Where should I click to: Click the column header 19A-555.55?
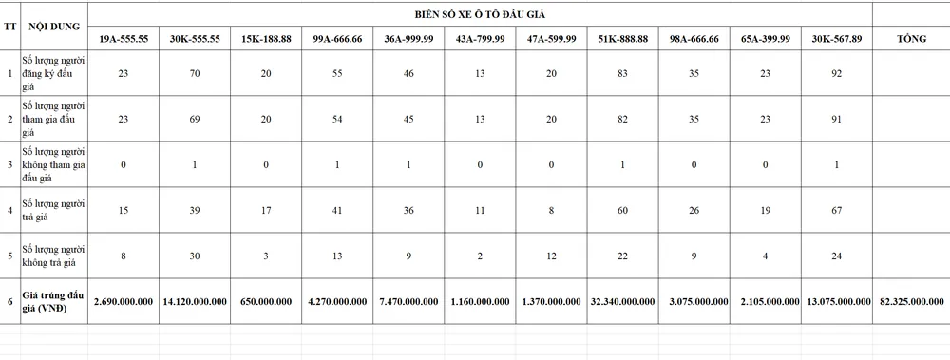(124, 38)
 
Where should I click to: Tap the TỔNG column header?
(912, 38)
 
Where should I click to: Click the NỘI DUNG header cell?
(56, 28)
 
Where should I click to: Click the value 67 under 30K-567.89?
(837, 210)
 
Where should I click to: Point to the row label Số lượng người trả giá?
(54, 210)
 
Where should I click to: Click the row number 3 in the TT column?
(10, 165)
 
